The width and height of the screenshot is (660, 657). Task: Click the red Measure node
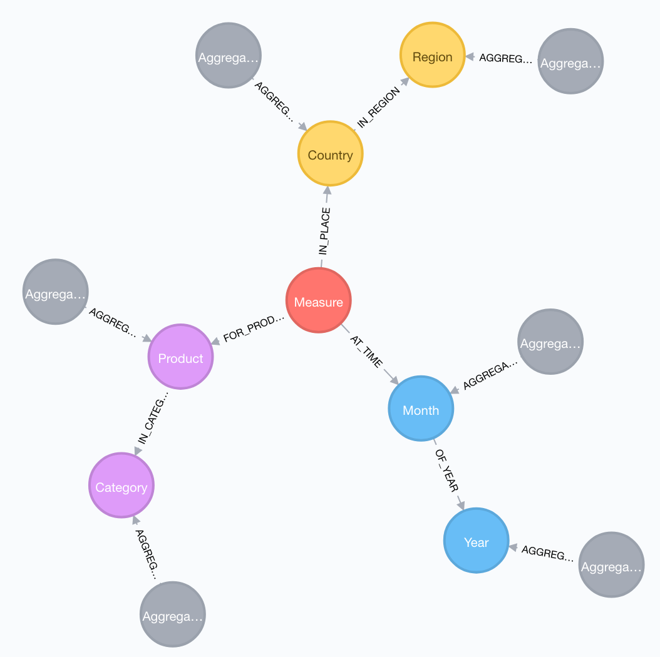(x=319, y=301)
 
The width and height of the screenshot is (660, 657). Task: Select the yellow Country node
(x=330, y=154)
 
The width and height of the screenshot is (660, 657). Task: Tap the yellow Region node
(x=432, y=56)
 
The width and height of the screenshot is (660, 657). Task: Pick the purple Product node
(x=180, y=357)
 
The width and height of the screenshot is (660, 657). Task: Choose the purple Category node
(x=121, y=486)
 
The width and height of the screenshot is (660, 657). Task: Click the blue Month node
(x=421, y=409)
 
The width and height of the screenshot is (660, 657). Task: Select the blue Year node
(x=476, y=542)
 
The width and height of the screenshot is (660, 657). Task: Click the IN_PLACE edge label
(x=324, y=231)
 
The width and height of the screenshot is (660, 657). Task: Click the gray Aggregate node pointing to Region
(x=570, y=61)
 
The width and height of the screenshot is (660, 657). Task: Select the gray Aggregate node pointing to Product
(x=55, y=292)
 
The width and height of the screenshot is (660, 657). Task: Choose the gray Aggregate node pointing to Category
(x=172, y=615)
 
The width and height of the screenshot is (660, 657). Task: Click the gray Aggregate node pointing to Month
(x=550, y=342)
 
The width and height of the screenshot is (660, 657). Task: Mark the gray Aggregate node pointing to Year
(x=611, y=565)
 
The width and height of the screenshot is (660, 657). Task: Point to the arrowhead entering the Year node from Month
(x=461, y=504)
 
